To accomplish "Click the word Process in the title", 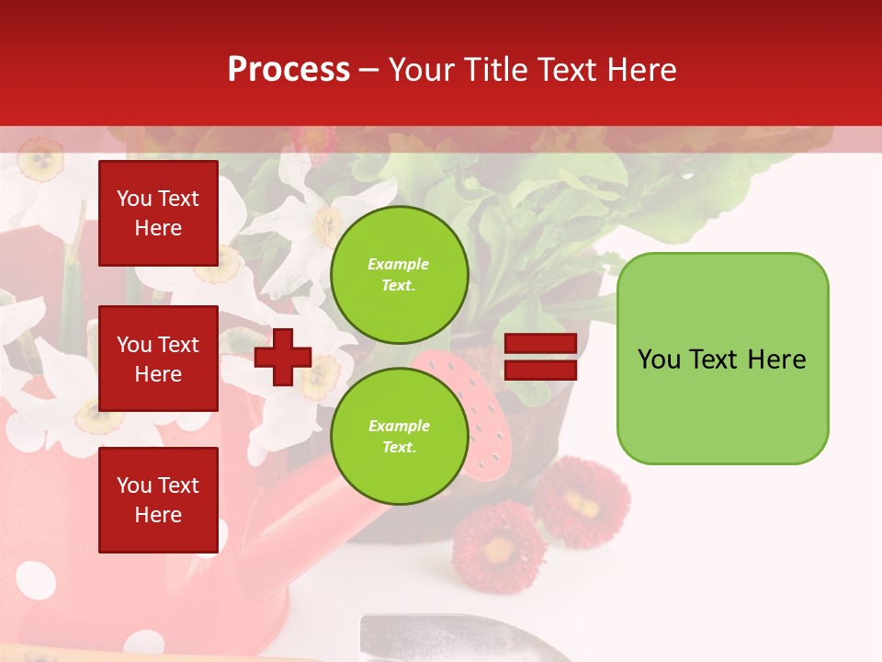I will (288, 70).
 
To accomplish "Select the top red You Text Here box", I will (158, 213).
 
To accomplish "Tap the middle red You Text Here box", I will (158, 359).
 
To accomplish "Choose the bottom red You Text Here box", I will (158, 500).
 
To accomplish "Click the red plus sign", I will (283, 357).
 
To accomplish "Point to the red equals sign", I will (540, 357).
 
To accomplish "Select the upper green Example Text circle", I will (400, 275).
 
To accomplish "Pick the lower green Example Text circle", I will (400, 436).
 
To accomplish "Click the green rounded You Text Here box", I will (722, 358).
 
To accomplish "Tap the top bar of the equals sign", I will (540, 344).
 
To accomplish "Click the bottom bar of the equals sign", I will (540, 370).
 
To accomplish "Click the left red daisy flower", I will (499, 548).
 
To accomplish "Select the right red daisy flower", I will (582, 502).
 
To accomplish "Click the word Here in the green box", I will (776, 360).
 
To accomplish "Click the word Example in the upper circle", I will (399, 264).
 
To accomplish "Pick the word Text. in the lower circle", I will (399, 448).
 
